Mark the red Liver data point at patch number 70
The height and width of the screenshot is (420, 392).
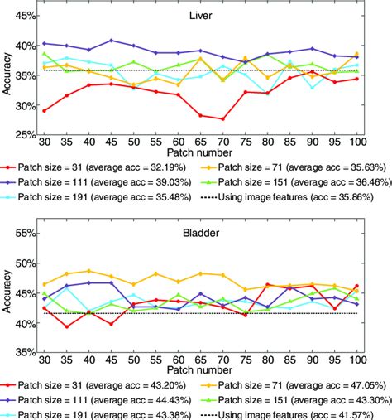click(x=223, y=119)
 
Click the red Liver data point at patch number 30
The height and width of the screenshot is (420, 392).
click(x=44, y=110)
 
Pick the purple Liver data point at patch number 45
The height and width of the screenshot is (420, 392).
click(x=111, y=40)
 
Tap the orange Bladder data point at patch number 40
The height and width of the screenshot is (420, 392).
click(x=88, y=271)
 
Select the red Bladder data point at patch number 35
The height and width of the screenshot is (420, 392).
click(x=66, y=326)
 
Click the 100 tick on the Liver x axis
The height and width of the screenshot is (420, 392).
click(x=356, y=142)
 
